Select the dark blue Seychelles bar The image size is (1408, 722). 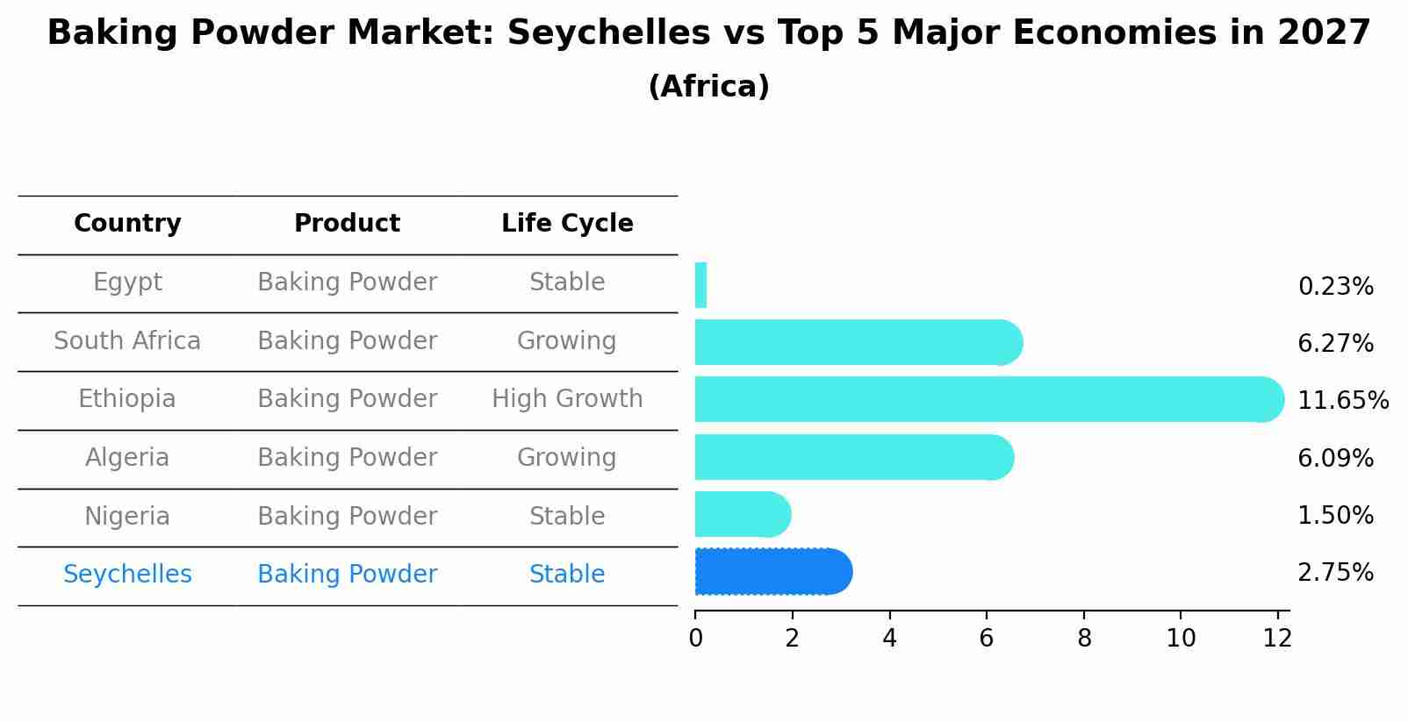tap(772, 572)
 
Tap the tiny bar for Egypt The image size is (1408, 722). tap(700, 285)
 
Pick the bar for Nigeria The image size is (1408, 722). tap(742, 514)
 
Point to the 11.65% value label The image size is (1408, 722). tap(1342, 401)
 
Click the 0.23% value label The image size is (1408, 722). tap(1335, 287)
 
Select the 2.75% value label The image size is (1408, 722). tap(1335, 573)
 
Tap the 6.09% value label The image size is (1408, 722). tap(1335, 459)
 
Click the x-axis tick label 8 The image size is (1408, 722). tap(1084, 639)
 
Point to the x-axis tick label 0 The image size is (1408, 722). tap(695, 639)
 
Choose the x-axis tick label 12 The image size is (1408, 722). tap(1277, 639)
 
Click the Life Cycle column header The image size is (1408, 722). tap(567, 224)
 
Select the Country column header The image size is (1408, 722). tap(127, 224)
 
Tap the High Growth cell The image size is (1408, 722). tap(567, 399)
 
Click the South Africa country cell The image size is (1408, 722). tap(127, 341)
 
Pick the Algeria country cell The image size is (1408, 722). tap(127, 458)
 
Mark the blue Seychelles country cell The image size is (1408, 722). tap(127, 575)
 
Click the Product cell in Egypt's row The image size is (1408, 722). tap(347, 282)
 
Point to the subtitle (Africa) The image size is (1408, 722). tap(708, 87)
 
